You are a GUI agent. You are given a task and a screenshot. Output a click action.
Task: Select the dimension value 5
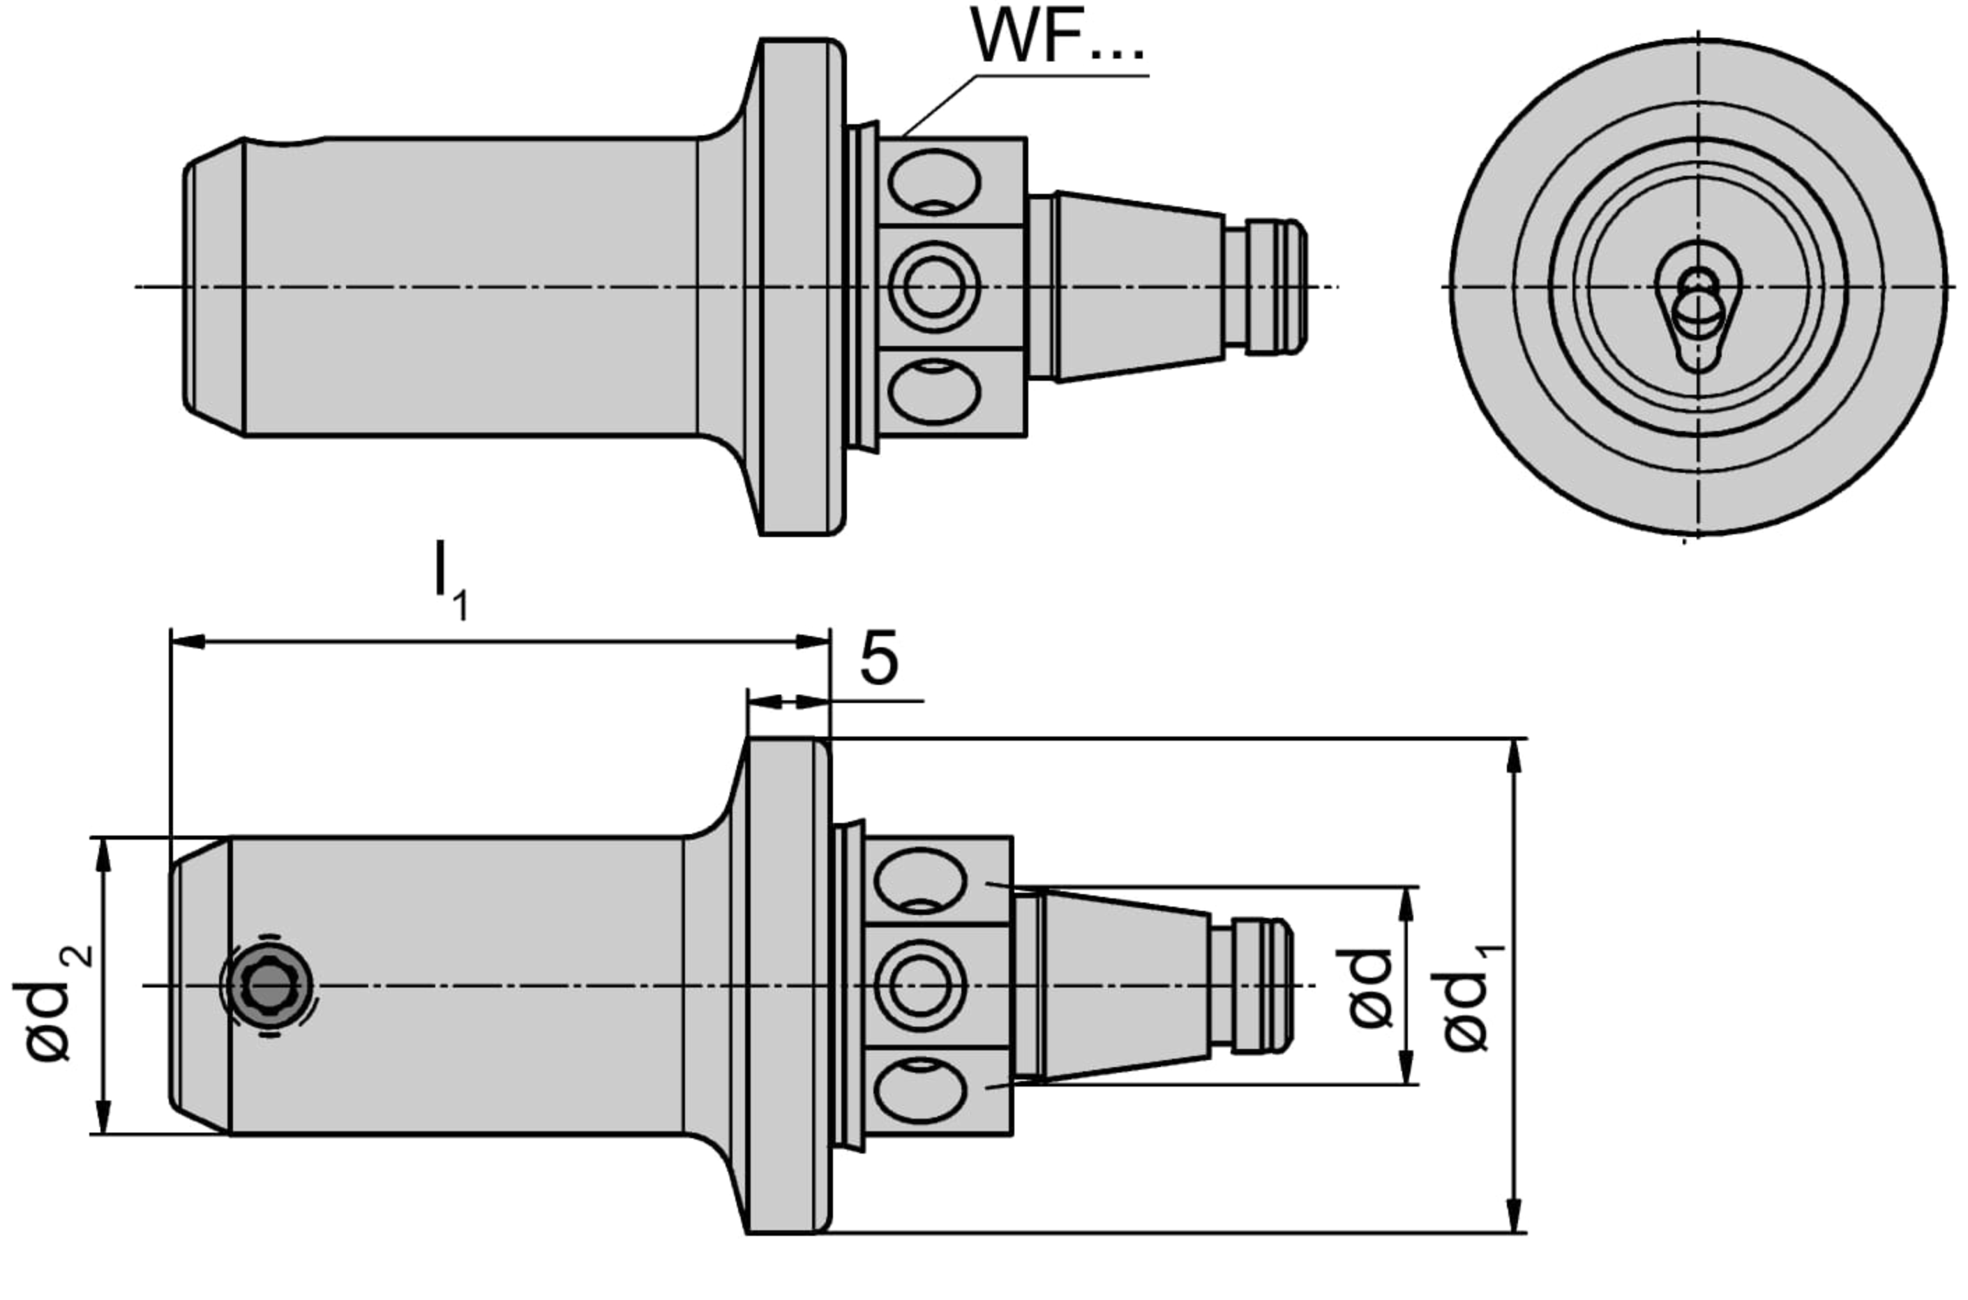click(879, 659)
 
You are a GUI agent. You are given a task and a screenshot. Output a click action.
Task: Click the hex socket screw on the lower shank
click(268, 985)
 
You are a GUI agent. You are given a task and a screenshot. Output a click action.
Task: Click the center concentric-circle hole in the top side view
click(934, 286)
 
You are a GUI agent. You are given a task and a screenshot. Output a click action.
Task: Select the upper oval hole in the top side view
click(934, 181)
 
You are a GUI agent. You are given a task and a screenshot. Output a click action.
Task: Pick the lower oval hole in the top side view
click(934, 391)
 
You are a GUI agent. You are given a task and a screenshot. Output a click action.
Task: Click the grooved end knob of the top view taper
click(1275, 286)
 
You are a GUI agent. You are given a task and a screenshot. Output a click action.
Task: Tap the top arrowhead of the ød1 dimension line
click(1515, 756)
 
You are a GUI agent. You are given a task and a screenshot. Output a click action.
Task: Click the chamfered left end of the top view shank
click(214, 286)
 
